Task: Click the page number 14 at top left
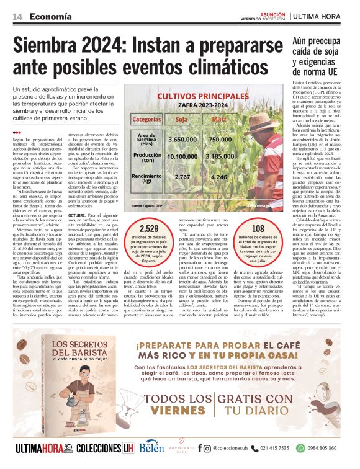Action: (10, 17)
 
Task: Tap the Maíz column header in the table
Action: (219, 118)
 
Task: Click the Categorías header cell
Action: (146, 118)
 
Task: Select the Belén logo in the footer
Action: (151, 447)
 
